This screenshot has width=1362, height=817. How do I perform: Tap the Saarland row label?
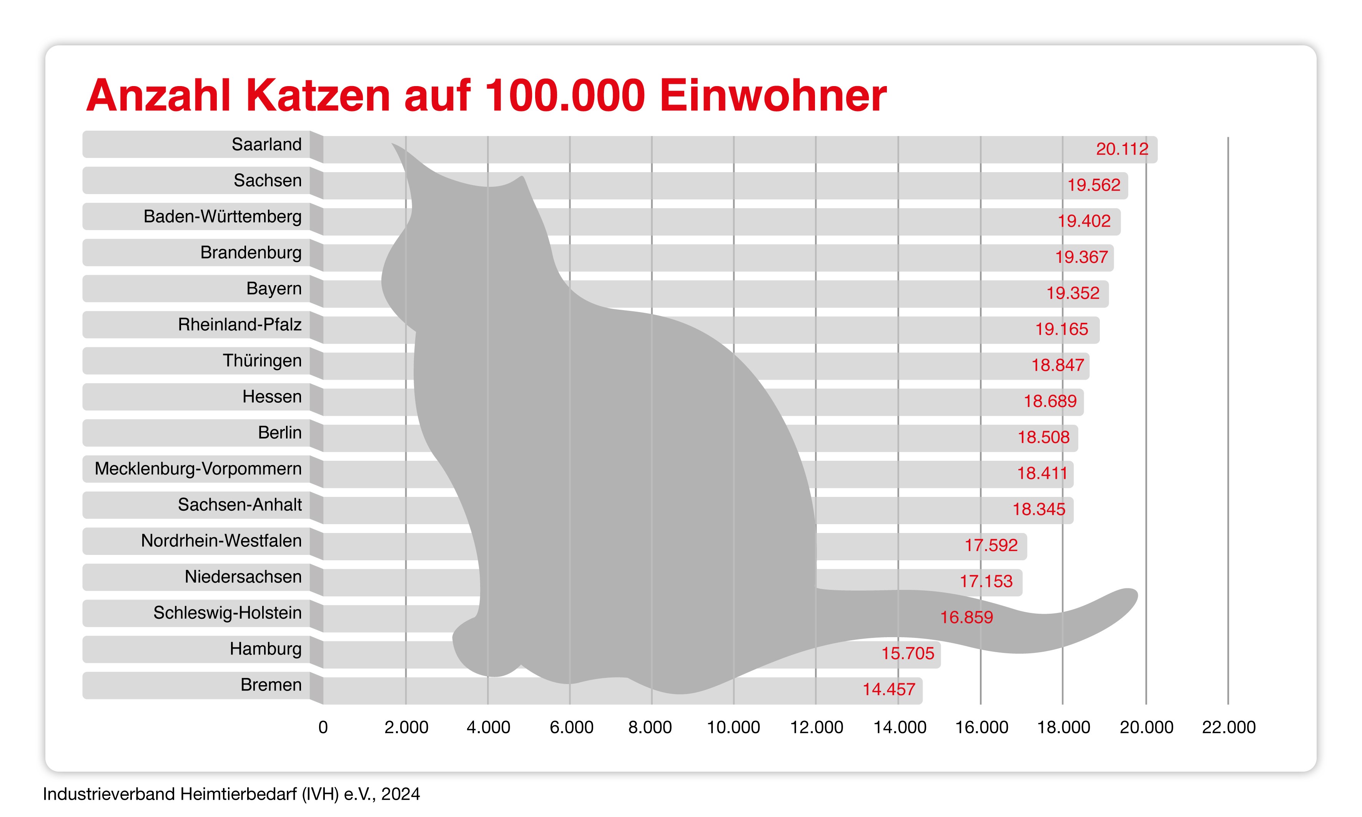click(266, 144)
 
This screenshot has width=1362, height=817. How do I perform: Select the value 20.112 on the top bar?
click(1122, 149)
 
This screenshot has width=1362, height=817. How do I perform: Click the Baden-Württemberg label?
click(223, 216)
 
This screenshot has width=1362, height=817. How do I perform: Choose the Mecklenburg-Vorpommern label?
click(198, 468)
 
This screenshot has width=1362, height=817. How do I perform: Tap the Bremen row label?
click(271, 685)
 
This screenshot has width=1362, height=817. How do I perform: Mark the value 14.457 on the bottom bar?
click(888, 689)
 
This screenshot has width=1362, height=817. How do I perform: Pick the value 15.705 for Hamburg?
click(908, 654)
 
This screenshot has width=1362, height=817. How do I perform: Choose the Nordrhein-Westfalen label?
click(221, 541)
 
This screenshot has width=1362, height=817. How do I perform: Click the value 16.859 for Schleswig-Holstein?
click(966, 618)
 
